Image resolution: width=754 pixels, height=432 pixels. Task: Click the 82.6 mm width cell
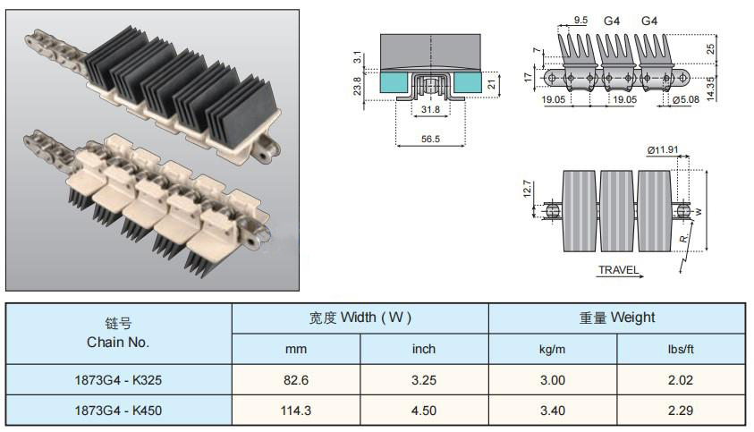(x=296, y=380)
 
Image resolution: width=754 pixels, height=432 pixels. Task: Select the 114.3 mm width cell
(x=296, y=411)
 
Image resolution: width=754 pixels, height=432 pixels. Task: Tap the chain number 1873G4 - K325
(x=118, y=380)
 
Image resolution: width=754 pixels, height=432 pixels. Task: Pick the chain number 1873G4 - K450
(x=118, y=411)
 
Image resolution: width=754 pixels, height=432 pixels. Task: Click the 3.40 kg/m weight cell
(x=553, y=411)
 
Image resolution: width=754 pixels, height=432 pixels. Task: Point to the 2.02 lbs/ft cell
(x=681, y=380)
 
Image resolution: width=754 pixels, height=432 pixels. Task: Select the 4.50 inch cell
(x=424, y=411)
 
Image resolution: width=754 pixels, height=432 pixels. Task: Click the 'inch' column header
(x=424, y=349)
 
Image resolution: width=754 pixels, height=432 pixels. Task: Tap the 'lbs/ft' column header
(x=681, y=349)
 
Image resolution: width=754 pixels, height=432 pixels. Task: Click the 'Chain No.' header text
(x=118, y=342)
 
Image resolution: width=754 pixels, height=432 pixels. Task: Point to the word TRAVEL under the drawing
(x=618, y=270)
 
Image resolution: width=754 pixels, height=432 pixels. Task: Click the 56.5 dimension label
(x=430, y=139)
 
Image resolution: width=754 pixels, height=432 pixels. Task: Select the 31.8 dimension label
(x=430, y=110)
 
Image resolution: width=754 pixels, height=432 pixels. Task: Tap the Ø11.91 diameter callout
(x=663, y=150)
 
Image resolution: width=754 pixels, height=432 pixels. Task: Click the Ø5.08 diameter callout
(x=686, y=99)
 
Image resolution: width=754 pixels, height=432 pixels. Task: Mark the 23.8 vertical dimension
(x=357, y=86)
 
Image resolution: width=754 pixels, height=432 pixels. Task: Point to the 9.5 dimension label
(x=580, y=21)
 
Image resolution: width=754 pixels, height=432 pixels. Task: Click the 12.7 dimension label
(x=527, y=189)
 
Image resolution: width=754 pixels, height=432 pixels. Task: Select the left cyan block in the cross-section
(x=394, y=82)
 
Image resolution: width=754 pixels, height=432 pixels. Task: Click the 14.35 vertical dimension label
(x=711, y=89)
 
